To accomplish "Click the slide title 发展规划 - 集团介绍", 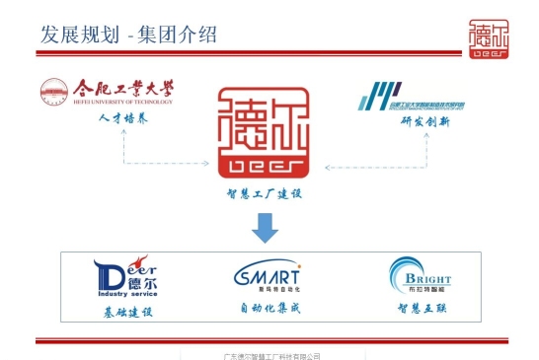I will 127,36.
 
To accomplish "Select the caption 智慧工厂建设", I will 263,194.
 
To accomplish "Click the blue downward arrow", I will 262,231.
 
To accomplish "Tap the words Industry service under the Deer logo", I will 127,293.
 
